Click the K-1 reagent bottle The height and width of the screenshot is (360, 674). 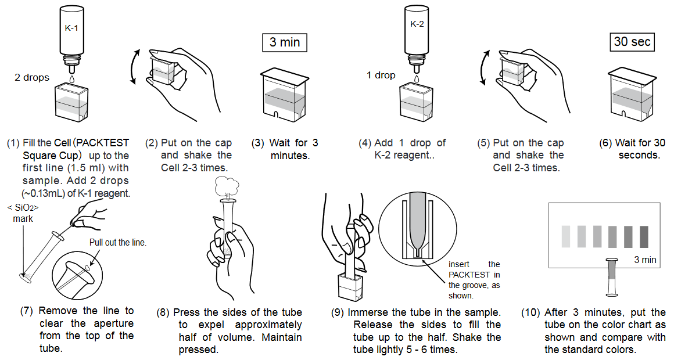tap(71, 32)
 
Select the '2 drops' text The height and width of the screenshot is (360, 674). tap(32, 77)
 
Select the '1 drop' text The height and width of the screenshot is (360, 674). tap(381, 75)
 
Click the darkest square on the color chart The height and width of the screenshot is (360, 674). tap(644, 237)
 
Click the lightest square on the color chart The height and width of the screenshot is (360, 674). tap(566, 237)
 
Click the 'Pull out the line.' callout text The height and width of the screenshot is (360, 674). tap(118, 243)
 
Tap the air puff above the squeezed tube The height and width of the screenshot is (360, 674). tap(225, 186)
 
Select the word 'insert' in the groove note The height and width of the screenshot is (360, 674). tap(457, 264)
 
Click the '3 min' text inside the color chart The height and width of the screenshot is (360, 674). tap(645, 260)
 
